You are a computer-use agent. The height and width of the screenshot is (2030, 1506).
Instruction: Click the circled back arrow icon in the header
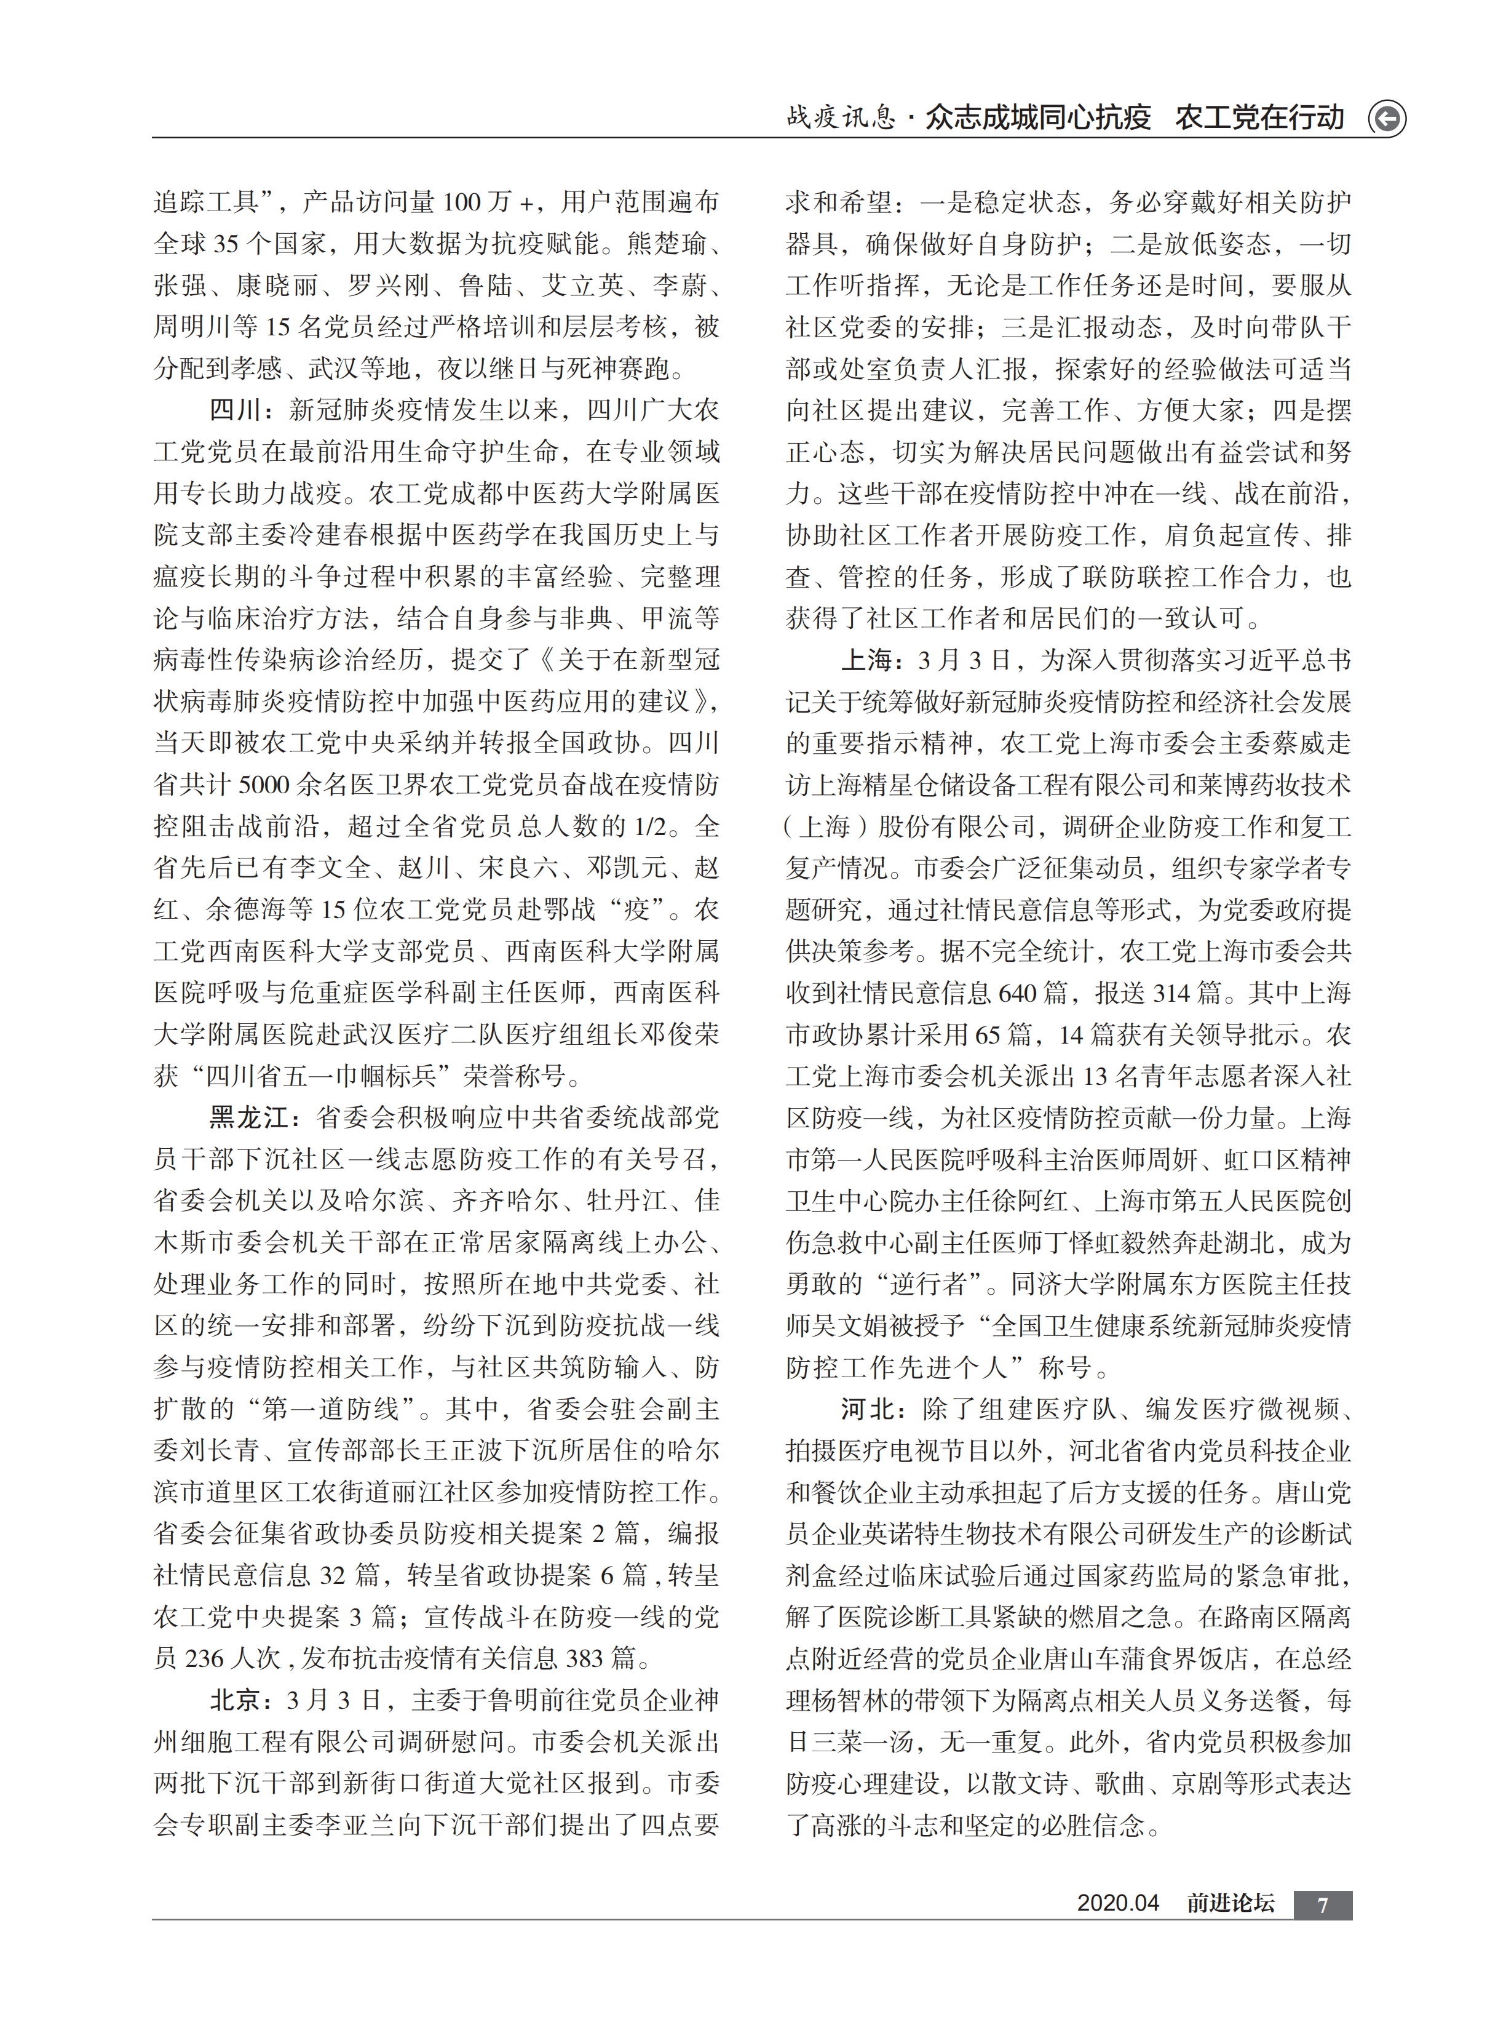coord(1387,118)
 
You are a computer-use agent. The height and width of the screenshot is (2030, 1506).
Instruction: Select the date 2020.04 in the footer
coord(1117,1903)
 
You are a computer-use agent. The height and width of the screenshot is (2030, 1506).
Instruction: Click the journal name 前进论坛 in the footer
coord(1230,1903)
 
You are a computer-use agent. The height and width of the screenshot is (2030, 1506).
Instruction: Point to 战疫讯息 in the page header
coord(841,117)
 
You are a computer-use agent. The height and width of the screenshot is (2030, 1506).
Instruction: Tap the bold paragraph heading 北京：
coord(242,1701)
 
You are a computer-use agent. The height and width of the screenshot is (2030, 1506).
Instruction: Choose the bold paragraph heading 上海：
coord(873,660)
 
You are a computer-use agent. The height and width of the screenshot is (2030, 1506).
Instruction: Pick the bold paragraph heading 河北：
coord(873,1410)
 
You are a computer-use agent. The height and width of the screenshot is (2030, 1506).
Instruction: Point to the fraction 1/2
coord(652,827)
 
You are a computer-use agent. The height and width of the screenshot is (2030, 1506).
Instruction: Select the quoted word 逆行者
coord(931,1285)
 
